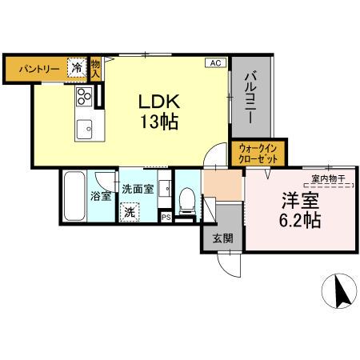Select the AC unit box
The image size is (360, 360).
pyautogui.click(x=214, y=62)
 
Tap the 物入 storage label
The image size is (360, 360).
pyautogui.click(x=95, y=69)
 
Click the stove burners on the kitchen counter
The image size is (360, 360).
pyautogui.click(x=84, y=97)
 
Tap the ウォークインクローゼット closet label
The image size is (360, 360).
pyautogui.click(x=258, y=153)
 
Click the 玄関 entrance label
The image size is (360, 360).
pyautogui.click(x=222, y=237)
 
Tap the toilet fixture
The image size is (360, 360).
pyautogui.click(x=186, y=198)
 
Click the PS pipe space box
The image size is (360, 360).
pyautogui.click(x=166, y=216)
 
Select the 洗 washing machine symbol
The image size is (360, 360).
pyautogui.click(x=130, y=213)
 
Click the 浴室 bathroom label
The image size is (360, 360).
pyautogui.click(x=102, y=195)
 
